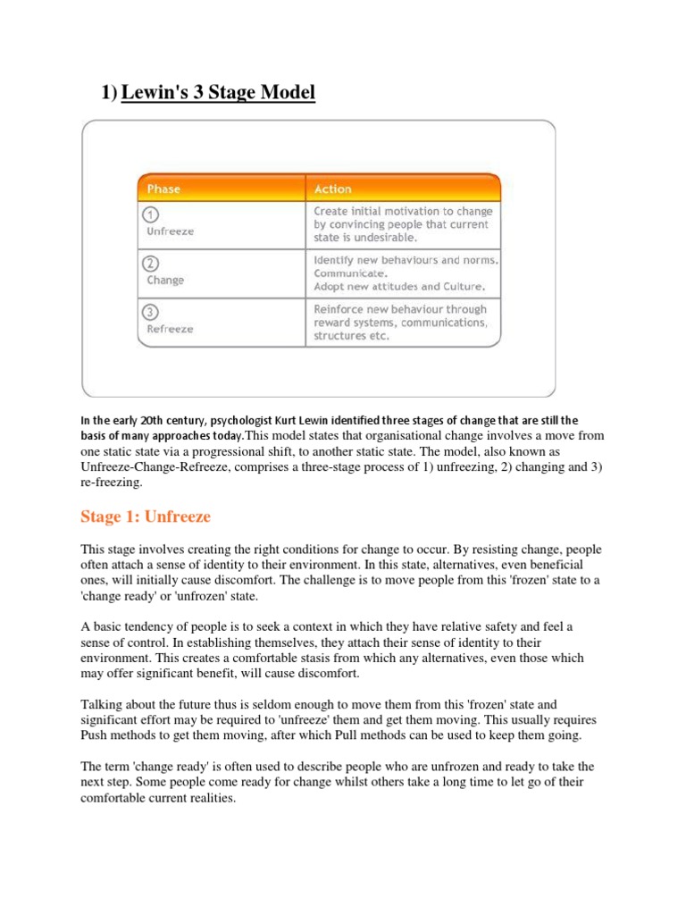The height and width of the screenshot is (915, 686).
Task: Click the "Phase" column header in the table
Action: [x=163, y=189]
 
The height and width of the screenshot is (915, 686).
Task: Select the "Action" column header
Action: [x=332, y=189]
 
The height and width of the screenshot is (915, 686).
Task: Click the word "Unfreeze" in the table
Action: [x=170, y=231]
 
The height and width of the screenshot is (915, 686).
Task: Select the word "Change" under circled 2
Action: [x=165, y=280]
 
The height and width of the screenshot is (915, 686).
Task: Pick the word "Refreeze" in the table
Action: [x=170, y=329]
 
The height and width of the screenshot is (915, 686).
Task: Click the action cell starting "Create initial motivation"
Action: [x=402, y=224]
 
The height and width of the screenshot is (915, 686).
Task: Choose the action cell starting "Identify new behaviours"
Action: [x=405, y=273]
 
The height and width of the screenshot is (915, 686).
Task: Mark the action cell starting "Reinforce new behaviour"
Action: [x=399, y=323]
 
